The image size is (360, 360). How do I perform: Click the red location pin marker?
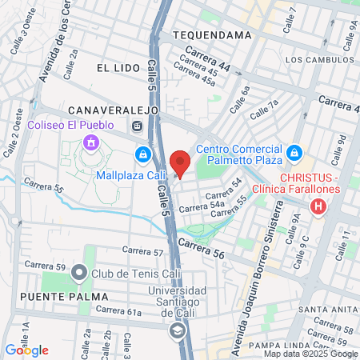point(180,162)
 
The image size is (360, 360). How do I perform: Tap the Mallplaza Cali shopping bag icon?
point(142,154)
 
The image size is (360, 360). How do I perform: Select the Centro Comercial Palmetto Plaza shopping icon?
point(294,151)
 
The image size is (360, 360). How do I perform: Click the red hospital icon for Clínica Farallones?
point(319,208)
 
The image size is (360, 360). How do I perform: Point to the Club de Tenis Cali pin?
point(78,274)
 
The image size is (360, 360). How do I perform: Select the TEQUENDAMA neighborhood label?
point(206,36)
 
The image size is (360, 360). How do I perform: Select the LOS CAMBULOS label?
point(315,59)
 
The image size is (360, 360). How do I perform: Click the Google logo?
point(26,350)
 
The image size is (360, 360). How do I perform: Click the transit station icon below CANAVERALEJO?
point(137,125)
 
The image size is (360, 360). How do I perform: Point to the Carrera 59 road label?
point(44,265)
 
